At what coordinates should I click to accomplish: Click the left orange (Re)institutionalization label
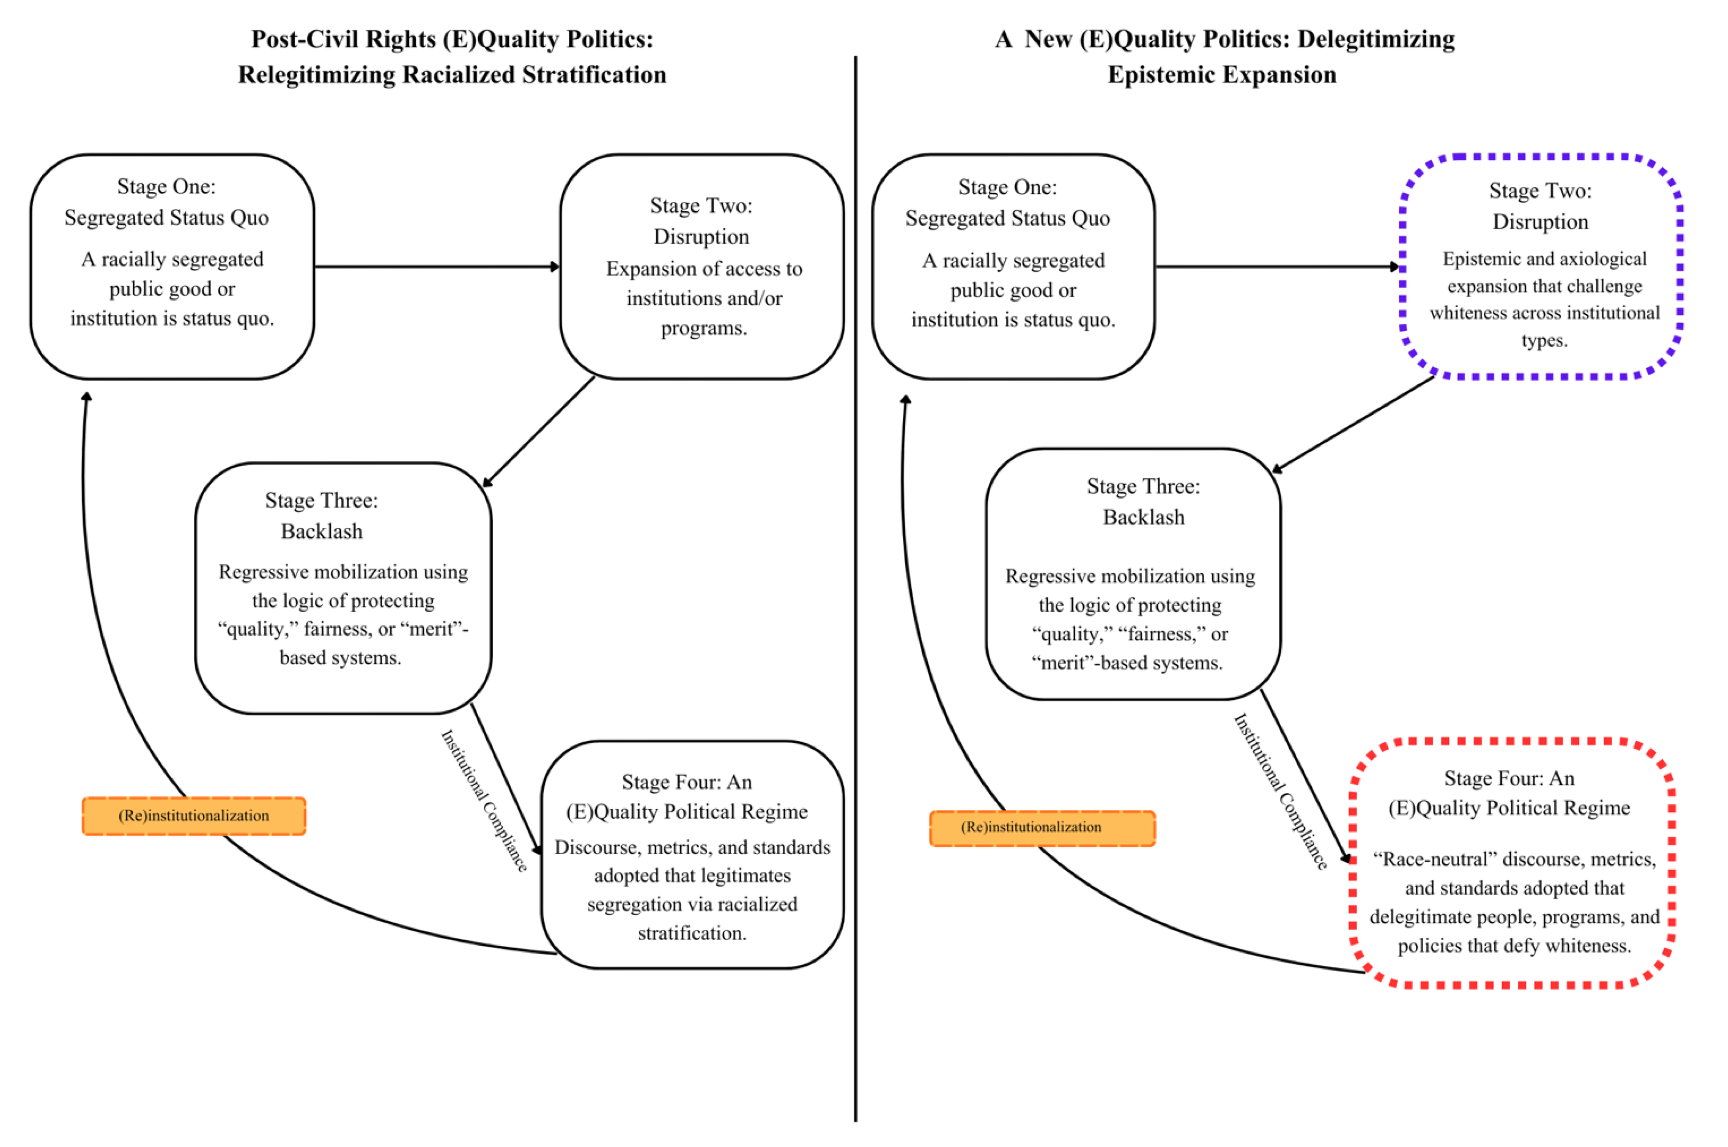click(194, 816)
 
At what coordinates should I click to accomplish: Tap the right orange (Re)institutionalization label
click(1042, 828)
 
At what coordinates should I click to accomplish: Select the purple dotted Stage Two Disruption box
click(1541, 266)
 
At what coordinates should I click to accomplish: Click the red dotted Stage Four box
click(1512, 863)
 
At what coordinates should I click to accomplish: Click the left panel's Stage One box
click(172, 266)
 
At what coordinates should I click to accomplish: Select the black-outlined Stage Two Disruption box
click(702, 266)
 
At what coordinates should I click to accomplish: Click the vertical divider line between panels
click(855, 585)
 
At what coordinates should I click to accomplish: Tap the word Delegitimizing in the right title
click(1376, 39)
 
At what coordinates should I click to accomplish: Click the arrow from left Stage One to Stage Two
click(437, 266)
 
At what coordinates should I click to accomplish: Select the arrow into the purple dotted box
click(1277, 266)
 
